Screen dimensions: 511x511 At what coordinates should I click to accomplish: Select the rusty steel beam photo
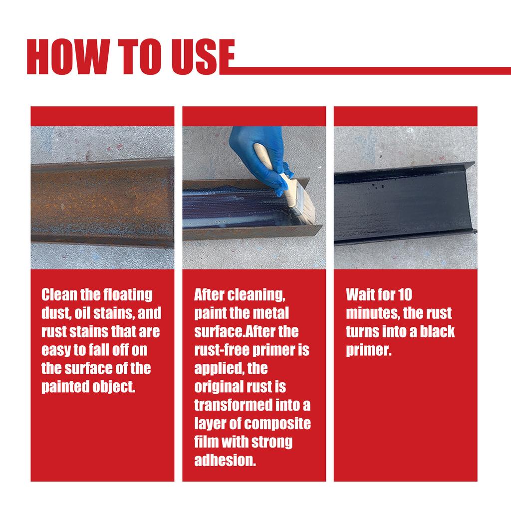(x=102, y=202)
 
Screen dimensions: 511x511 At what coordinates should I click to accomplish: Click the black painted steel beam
(x=404, y=205)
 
